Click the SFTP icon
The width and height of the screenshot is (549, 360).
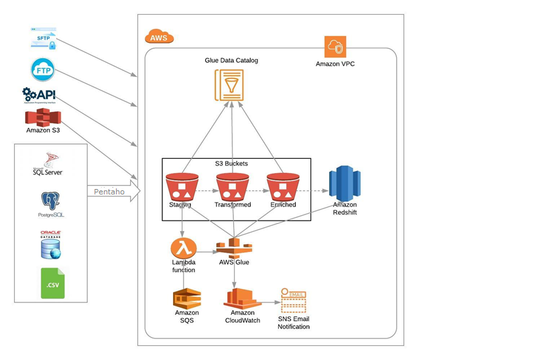(x=44, y=38)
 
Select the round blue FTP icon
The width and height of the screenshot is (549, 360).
(x=43, y=69)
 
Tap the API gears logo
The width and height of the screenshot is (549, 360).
(x=38, y=95)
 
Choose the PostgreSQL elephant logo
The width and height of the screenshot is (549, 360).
(x=51, y=204)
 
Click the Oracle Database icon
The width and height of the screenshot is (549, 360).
(x=50, y=245)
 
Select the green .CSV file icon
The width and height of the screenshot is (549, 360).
(x=52, y=283)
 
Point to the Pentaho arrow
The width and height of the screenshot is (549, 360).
(x=113, y=192)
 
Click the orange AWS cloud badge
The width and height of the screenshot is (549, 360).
(x=159, y=36)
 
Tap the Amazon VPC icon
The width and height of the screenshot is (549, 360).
(x=335, y=48)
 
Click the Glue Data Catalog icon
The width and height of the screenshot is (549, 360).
(x=230, y=84)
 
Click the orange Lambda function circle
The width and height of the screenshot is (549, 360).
(x=182, y=247)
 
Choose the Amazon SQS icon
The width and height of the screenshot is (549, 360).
(x=186, y=298)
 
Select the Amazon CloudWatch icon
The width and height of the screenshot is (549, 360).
(x=241, y=298)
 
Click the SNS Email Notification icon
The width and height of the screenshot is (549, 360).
(x=294, y=301)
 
